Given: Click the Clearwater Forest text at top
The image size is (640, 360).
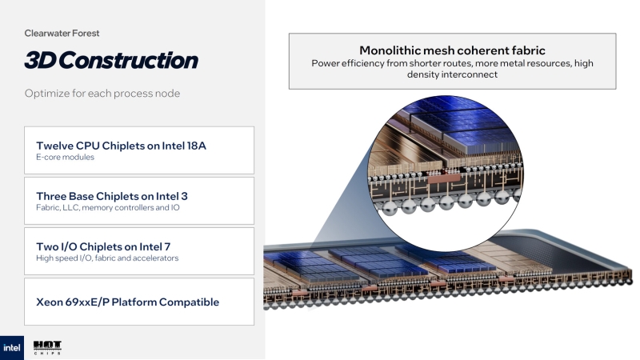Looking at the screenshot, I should [62, 34].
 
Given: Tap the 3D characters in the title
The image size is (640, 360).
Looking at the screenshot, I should [40, 60].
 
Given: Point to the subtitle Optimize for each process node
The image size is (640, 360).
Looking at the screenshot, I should [102, 94].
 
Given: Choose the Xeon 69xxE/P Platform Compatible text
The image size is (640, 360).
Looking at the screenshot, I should [127, 302].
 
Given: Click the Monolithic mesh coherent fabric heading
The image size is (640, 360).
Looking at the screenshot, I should [452, 50].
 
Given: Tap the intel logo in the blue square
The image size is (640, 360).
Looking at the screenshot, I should [12, 347].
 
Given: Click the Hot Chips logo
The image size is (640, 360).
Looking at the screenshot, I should [47, 347].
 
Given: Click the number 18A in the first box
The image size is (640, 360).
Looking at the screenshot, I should [206, 146].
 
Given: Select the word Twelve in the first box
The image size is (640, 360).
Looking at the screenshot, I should [56, 146].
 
